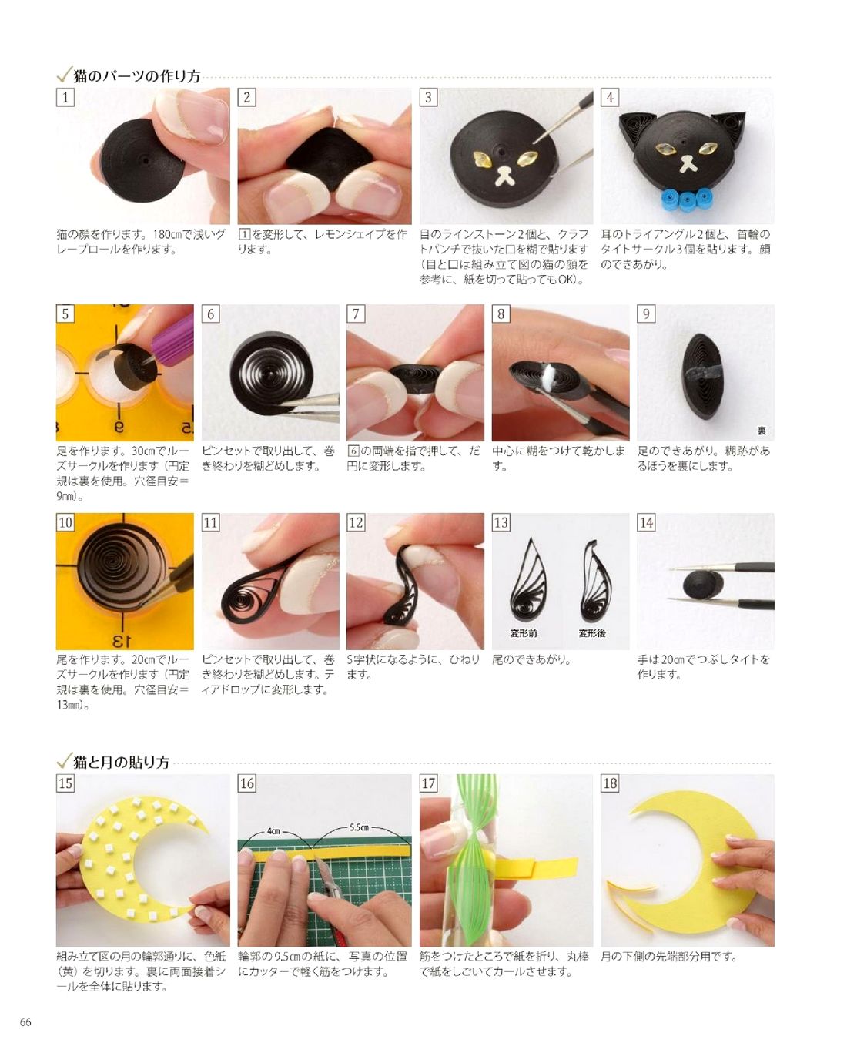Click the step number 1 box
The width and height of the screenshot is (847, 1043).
65,98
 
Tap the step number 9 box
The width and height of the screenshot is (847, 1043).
646,314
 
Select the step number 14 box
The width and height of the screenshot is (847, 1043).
646,522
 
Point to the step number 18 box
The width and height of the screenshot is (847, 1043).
610,783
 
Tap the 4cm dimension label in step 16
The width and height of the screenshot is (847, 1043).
273,831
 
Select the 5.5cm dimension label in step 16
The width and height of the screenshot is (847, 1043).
359,827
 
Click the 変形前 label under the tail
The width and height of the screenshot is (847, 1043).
523,633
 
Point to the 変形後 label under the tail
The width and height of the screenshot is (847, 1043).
592,633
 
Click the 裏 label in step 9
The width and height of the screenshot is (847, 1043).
762,431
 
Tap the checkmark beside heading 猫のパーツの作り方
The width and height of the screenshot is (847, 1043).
65,74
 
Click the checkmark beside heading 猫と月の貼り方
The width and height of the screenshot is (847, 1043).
65,760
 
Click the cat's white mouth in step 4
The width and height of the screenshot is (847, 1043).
688,163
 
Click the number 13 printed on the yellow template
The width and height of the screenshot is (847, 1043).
120,640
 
